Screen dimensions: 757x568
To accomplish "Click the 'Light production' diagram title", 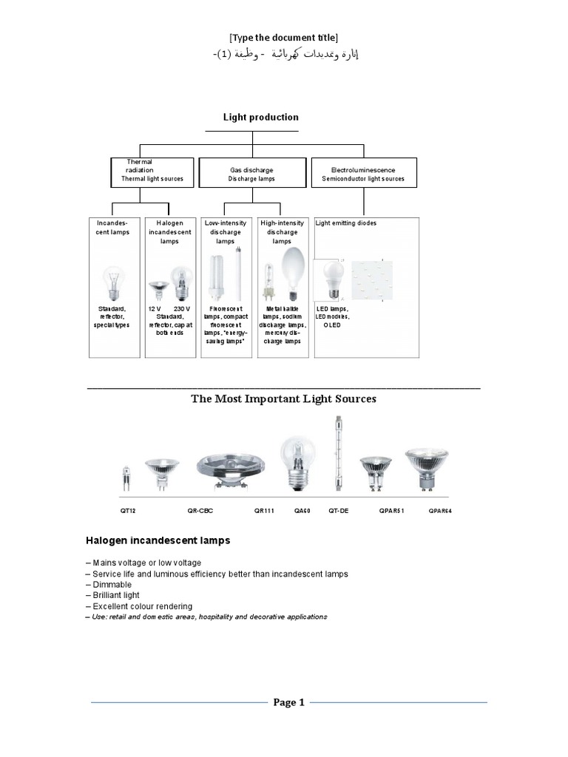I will click(x=261, y=117).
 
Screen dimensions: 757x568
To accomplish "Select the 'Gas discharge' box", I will click(x=251, y=174).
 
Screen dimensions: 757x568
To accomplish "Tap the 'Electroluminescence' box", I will click(x=363, y=174).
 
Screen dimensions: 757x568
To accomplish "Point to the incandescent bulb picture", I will click(x=114, y=281).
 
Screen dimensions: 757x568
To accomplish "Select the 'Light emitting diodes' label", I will click(x=346, y=223).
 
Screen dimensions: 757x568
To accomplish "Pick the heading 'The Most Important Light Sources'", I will click(x=283, y=399).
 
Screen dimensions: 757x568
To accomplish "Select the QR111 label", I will click(x=265, y=510).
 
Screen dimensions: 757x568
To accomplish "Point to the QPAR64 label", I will click(x=440, y=510).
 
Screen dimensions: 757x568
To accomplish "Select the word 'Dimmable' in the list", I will click(x=110, y=585).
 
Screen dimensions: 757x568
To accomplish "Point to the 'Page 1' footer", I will click(x=288, y=702).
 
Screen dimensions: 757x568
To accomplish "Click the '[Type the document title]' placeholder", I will click(x=284, y=38).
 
